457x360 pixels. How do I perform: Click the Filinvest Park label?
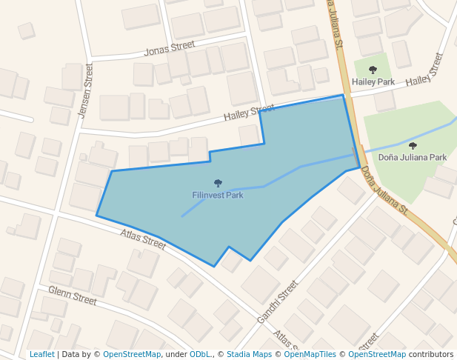(x=217, y=196)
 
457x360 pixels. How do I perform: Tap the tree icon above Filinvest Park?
(x=218, y=183)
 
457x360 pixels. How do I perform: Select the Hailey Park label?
(x=373, y=81)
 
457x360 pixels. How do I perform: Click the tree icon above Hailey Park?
(x=373, y=70)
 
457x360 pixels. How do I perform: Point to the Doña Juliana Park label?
(x=412, y=157)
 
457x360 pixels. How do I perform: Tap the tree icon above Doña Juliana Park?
(x=413, y=146)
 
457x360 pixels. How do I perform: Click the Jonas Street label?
(x=170, y=50)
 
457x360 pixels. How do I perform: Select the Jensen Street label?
(x=85, y=91)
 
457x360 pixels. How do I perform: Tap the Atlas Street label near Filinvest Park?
(x=144, y=239)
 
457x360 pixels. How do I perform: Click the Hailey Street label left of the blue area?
(x=249, y=114)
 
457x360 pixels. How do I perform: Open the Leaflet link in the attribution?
(x=42, y=354)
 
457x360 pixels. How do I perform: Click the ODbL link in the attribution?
(x=200, y=354)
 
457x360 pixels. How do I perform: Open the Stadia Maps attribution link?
(x=249, y=354)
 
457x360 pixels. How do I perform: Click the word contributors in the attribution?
(x=431, y=354)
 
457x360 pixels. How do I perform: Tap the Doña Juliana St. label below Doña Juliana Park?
(x=386, y=191)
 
